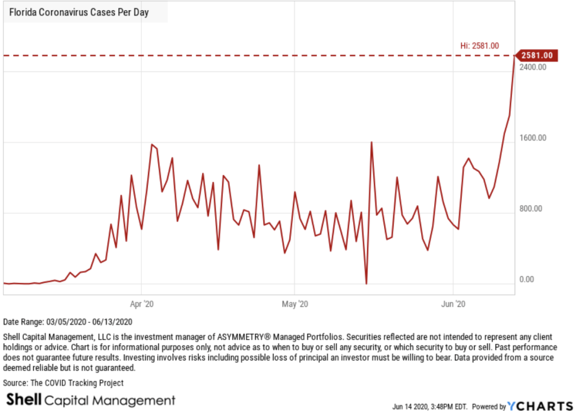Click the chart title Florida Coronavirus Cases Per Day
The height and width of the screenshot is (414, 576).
coord(78,12)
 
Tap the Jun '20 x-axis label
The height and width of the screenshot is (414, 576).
coord(454,304)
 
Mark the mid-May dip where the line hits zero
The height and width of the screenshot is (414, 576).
coord(367,283)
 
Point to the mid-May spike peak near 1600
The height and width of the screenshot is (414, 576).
coord(372,142)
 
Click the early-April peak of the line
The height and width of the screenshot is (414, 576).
coord(152,145)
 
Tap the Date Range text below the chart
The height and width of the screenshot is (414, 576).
coord(68,322)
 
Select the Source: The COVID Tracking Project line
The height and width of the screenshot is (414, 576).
coord(64,383)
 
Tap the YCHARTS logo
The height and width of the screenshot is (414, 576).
coord(541,406)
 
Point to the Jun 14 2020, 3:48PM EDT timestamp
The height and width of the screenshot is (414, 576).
coord(430,406)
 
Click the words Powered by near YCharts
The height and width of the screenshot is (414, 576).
coord(488,406)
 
